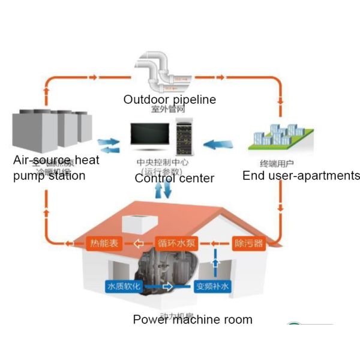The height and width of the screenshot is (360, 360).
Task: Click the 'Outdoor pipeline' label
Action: pyautogui.click(x=169, y=100)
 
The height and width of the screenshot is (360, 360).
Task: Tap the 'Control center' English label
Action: pyautogui.click(x=174, y=178)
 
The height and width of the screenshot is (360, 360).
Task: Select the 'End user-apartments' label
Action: pyautogui.click(x=301, y=175)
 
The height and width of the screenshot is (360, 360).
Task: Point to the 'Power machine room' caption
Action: pyautogui.click(x=193, y=319)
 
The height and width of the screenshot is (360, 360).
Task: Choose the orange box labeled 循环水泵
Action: pyautogui.click(x=174, y=244)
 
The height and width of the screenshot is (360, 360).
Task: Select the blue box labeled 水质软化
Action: pyautogui.click(x=124, y=286)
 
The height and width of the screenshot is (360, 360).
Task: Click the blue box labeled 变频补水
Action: pyautogui.click(x=212, y=286)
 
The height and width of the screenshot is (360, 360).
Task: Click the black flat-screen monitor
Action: pyautogui.click(x=151, y=136)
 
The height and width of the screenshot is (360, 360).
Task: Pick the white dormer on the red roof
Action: pyautogui.click(x=139, y=223)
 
